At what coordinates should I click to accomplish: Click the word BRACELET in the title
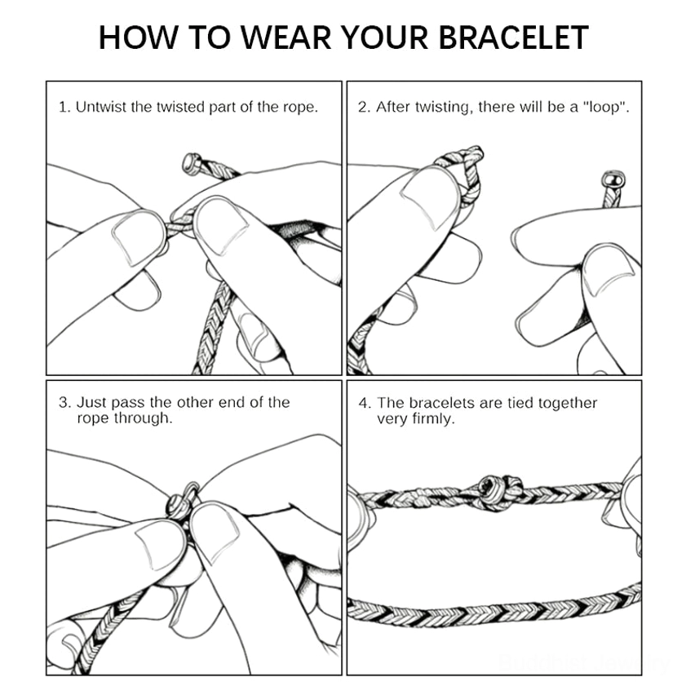point(513,38)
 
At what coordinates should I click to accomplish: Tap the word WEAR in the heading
point(286,38)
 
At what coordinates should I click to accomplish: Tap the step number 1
point(64,107)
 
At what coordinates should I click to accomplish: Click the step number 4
point(365,403)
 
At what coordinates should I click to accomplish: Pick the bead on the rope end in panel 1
point(191,164)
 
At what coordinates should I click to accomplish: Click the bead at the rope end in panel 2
point(613,179)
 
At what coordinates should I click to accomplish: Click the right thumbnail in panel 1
point(220,225)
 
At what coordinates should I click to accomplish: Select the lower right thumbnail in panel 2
point(608,270)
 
